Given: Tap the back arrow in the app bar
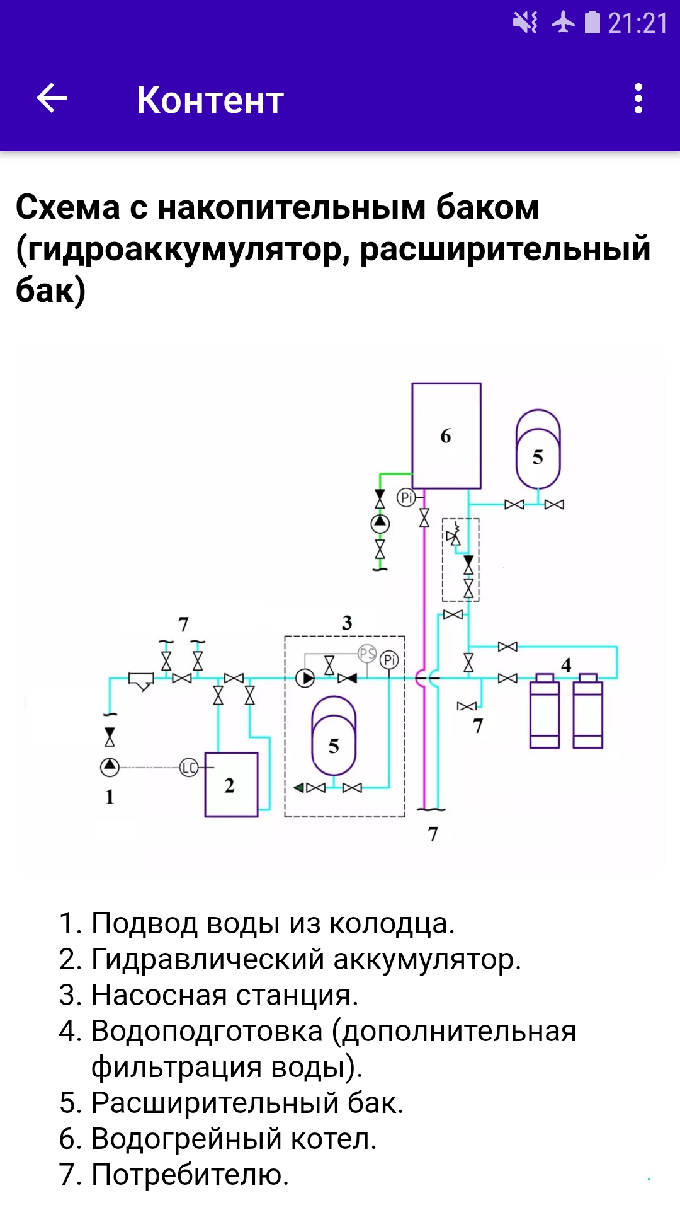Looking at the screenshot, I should point(52,98).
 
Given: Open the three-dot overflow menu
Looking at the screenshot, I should point(638,99).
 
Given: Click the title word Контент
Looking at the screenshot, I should point(210,100).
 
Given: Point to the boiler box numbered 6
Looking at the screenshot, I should point(446,435).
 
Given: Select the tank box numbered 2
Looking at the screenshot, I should point(231,785).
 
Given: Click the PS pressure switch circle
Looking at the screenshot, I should point(367,654).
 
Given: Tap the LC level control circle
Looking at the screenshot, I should point(189,767).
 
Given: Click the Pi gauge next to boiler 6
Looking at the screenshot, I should point(406,497).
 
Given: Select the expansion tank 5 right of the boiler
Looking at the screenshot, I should point(538,449).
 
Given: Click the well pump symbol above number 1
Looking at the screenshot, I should point(110,767).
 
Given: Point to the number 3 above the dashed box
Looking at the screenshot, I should point(347,623).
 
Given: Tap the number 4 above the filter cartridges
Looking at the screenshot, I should point(566,664).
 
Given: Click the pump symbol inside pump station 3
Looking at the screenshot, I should point(305,678).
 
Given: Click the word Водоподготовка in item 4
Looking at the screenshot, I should point(207,1032).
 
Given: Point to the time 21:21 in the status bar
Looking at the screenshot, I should point(637,24).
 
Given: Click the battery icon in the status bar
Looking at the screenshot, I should point(592,23).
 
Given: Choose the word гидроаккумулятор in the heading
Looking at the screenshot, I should point(180,250).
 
